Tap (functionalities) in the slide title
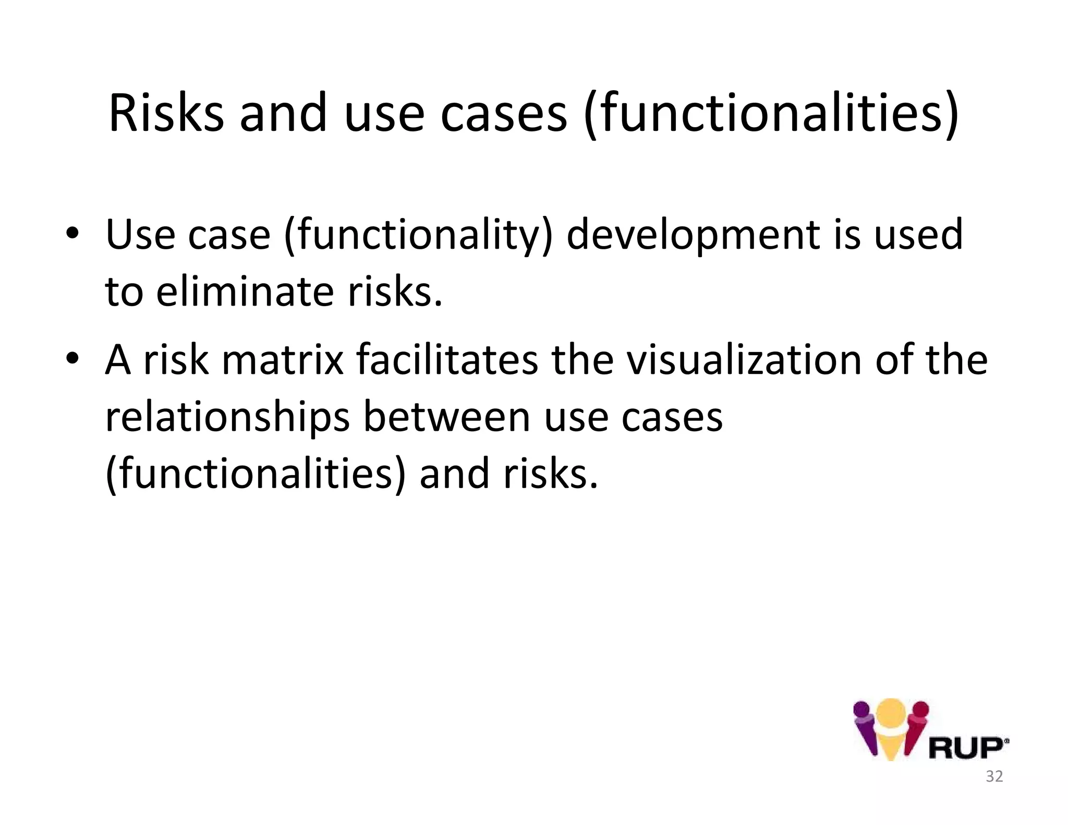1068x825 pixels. tap(771, 114)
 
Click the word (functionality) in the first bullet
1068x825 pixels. tap(418, 236)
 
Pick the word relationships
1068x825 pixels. tap(227, 418)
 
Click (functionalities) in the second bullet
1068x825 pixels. tap(255, 474)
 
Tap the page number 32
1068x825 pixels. tap(994, 777)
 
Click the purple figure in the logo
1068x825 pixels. tap(865, 727)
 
